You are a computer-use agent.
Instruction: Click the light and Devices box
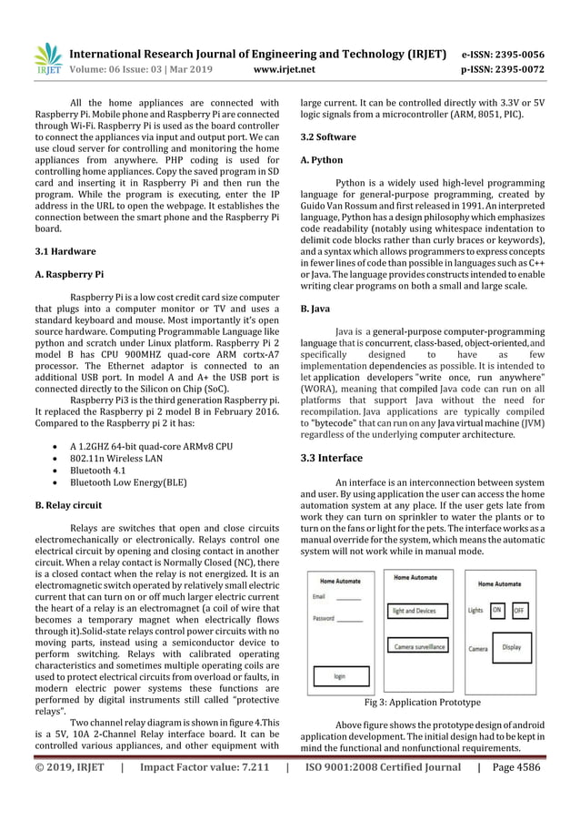(x=414, y=611)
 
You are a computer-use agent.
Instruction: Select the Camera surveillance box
(x=419, y=645)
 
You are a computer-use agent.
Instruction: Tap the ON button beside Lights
(x=497, y=610)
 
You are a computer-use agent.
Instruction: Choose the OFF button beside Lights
(x=519, y=610)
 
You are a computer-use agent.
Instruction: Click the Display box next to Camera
(x=511, y=648)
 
